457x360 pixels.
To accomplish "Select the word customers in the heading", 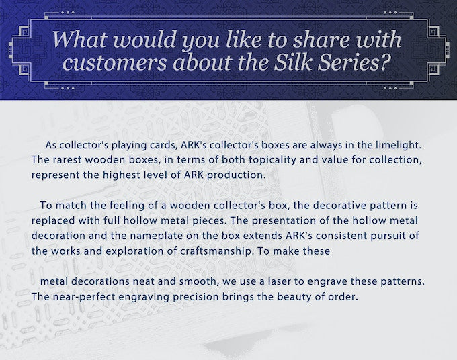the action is tap(114, 62).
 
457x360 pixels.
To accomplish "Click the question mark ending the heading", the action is tap(385, 62).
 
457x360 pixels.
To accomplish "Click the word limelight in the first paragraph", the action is tap(398, 145).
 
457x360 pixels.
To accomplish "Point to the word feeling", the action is tap(127, 206).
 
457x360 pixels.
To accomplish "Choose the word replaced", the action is tap(53, 220).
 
